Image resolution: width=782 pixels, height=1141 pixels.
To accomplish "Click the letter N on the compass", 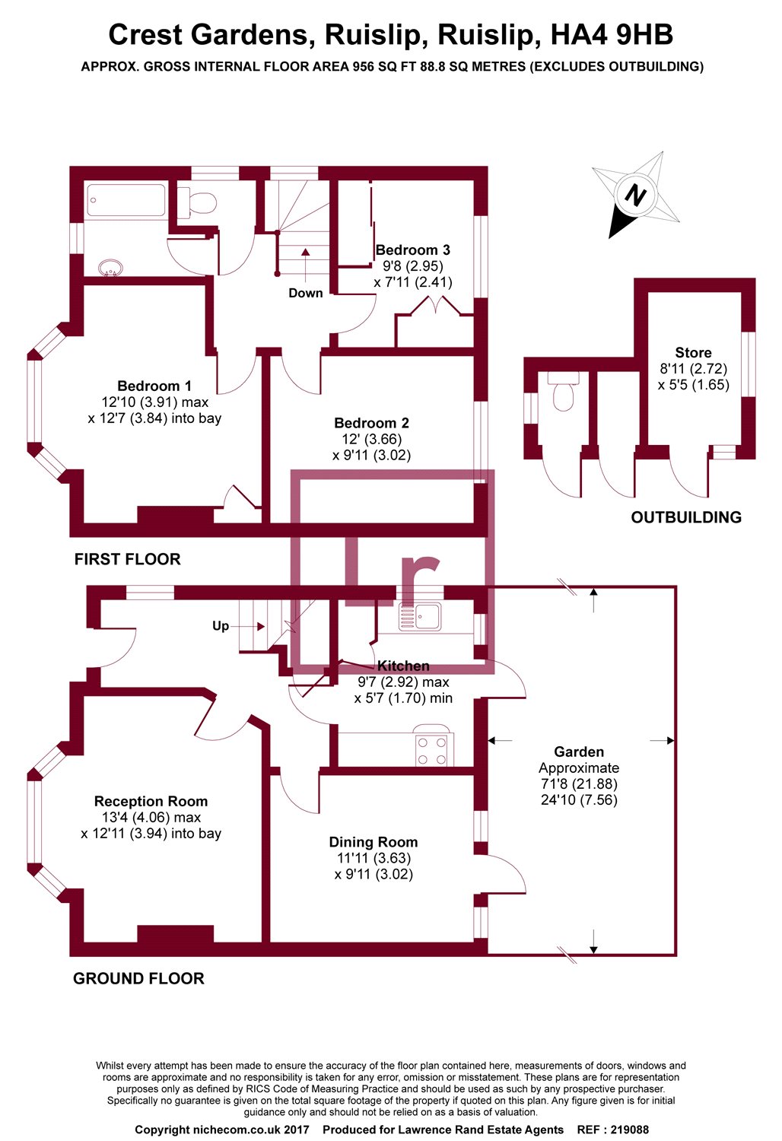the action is pos(634,195).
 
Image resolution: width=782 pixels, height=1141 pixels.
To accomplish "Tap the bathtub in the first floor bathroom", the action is pos(126,200).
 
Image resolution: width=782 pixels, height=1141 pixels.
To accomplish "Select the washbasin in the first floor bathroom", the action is pos(110,267).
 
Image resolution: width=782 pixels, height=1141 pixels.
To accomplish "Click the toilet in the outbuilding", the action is pos(563,391).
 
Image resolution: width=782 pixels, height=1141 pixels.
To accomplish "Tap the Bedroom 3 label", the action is pos(412,250).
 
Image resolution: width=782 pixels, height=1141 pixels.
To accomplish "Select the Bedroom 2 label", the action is pos(371,423).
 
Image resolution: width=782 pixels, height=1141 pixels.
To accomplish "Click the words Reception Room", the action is pos(151,801).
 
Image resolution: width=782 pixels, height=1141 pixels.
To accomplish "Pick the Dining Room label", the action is pos(374,842).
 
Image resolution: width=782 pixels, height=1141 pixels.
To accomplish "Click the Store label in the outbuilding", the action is pos(693,352).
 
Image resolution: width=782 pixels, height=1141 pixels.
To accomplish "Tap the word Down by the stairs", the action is pos(306,293).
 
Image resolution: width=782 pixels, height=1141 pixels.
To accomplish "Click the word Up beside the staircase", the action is pos(221,626).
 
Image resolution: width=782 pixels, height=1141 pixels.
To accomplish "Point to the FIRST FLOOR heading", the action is pos(127,559).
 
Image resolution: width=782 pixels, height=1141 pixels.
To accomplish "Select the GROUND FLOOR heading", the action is pos(138,978).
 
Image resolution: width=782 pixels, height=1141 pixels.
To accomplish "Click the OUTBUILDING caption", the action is pos(686,517).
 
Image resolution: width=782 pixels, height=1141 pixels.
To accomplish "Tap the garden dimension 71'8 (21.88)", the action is pos(579,783).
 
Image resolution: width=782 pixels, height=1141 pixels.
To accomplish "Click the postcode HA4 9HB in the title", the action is pos(612,35).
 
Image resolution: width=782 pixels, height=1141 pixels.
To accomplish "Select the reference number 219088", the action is pos(629,1130).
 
